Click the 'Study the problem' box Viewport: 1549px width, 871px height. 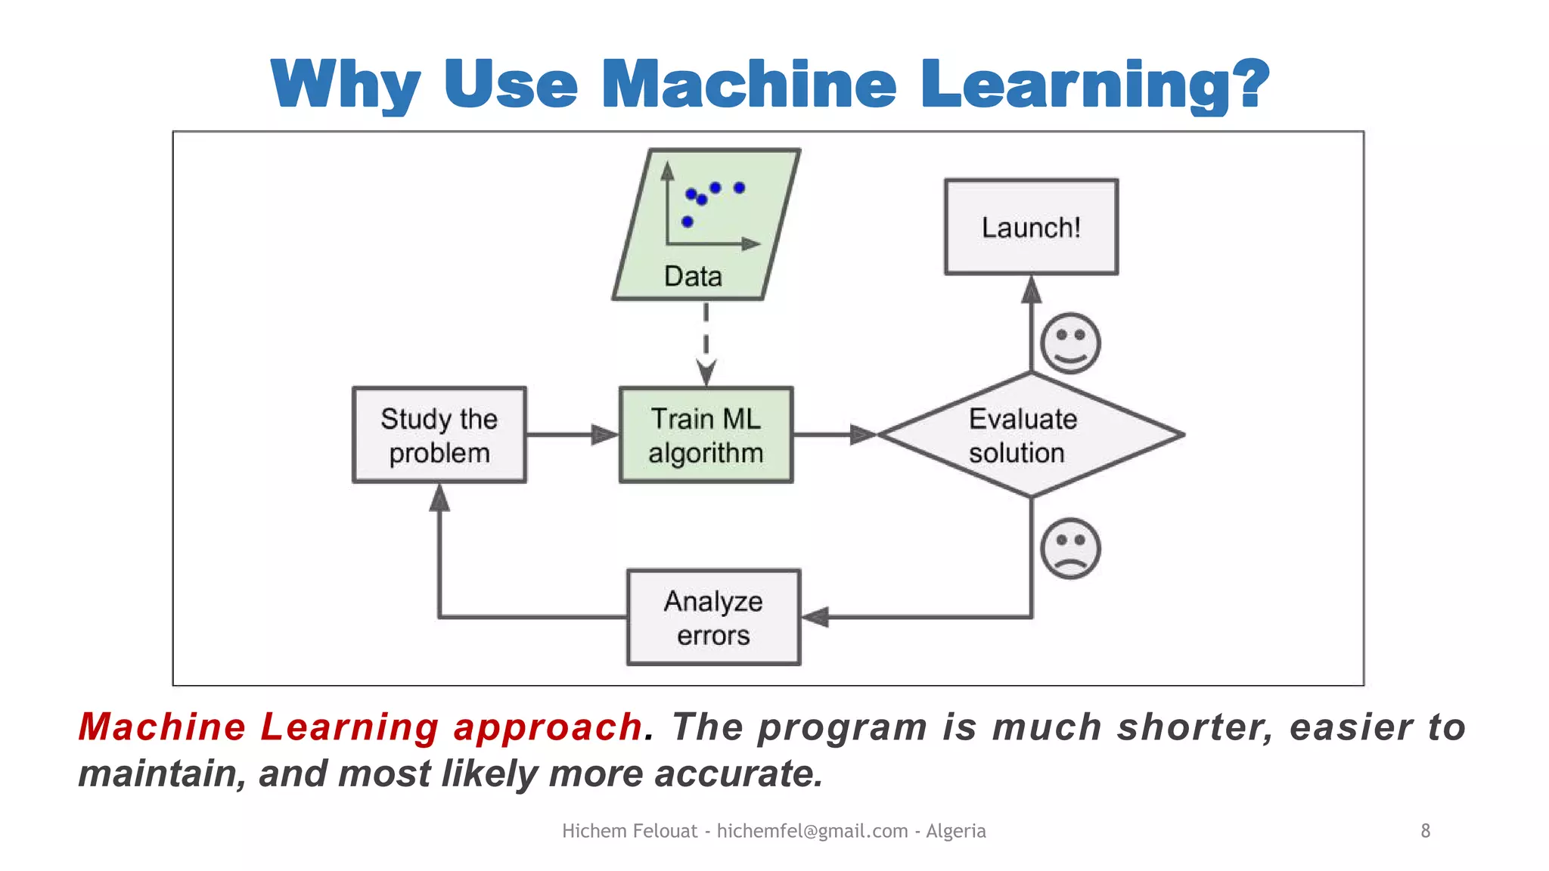click(x=439, y=435)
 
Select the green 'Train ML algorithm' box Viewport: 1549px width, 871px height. click(x=706, y=435)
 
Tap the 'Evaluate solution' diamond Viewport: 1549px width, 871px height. click(x=1030, y=435)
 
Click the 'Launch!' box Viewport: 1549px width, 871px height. click(x=1031, y=227)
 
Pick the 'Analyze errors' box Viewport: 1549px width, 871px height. click(x=713, y=617)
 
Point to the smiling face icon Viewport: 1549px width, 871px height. click(x=1070, y=343)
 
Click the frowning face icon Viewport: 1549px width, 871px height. click(x=1070, y=548)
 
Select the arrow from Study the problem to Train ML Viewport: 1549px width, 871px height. click(x=572, y=435)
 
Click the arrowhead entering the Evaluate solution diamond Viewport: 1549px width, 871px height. click(x=862, y=435)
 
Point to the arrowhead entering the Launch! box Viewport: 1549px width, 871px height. click(x=1031, y=290)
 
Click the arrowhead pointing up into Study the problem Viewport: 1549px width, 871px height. click(x=439, y=498)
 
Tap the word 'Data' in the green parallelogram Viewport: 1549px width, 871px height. click(x=693, y=276)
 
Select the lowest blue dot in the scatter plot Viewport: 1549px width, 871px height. click(x=687, y=222)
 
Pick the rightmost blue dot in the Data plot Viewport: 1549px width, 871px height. click(x=739, y=188)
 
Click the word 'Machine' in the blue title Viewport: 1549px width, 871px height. click(x=749, y=85)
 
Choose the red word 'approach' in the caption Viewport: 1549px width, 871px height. click(x=548, y=727)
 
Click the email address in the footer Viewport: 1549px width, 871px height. click(x=812, y=831)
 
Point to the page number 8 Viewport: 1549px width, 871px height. click(x=1425, y=831)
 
